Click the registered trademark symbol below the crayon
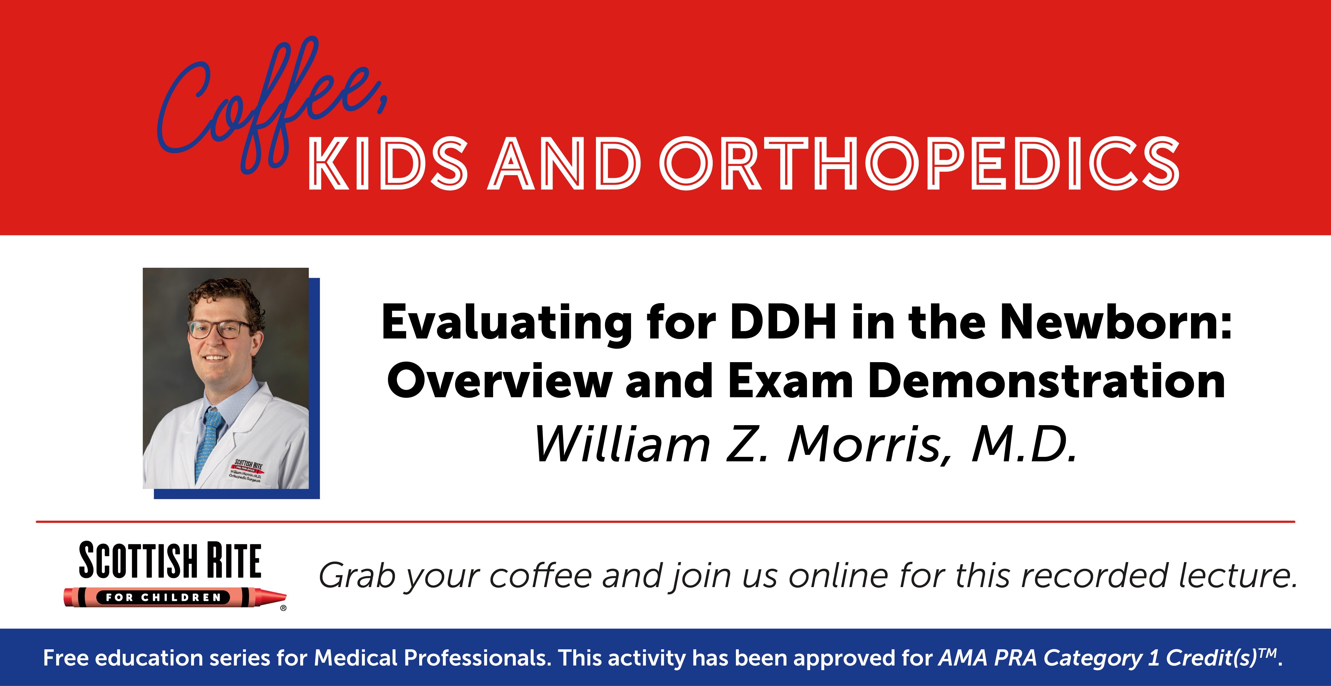coord(283,608)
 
